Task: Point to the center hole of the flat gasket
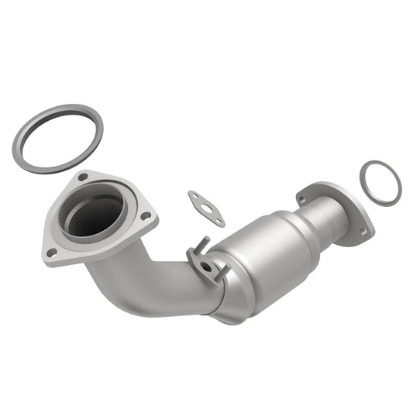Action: tap(206, 207)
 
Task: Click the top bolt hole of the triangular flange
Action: tap(83, 177)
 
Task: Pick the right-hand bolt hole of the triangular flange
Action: tap(145, 216)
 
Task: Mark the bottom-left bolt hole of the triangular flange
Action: tap(52, 252)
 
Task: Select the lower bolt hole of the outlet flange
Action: tap(362, 231)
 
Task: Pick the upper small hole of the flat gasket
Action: tap(194, 197)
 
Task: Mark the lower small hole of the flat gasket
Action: tap(219, 221)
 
